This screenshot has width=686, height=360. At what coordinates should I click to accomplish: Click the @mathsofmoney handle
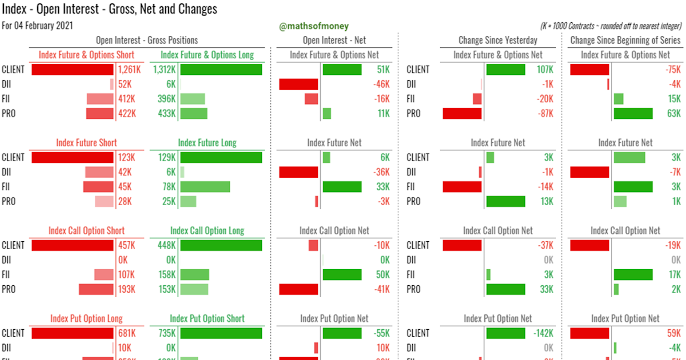pyautogui.click(x=313, y=26)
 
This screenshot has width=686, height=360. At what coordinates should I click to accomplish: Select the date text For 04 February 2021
pyautogui.click(x=37, y=26)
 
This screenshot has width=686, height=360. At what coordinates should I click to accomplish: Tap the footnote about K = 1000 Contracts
pyautogui.click(x=611, y=26)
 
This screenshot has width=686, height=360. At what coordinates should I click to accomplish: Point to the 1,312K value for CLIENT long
pyautogui.click(x=164, y=70)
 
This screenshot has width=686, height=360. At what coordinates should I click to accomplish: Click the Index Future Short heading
pyautogui.click(x=86, y=143)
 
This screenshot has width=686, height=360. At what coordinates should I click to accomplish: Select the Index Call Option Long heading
pyautogui.click(x=207, y=231)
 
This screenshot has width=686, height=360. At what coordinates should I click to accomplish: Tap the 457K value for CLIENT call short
pyautogui.click(x=126, y=245)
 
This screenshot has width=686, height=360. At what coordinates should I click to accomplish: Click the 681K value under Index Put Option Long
pyautogui.click(x=126, y=333)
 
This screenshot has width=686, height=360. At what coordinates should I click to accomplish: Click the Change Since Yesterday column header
pyautogui.click(x=498, y=40)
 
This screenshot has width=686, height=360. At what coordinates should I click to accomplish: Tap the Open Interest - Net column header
pyautogui.click(x=334, y=40)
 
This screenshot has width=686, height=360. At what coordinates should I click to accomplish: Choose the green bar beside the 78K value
pyautogui.click(x=205, y=187)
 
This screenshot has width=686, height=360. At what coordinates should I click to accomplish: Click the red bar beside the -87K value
pyautogui.click(x=462, y=114)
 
